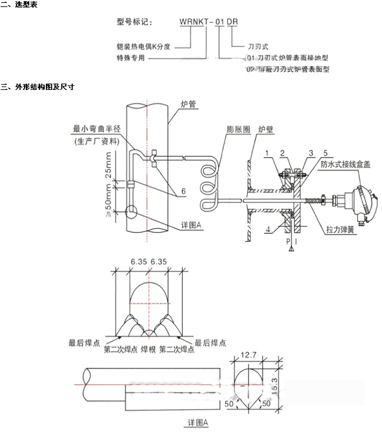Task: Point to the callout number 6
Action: tap(183, 191)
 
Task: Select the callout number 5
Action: tap(324, 153)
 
